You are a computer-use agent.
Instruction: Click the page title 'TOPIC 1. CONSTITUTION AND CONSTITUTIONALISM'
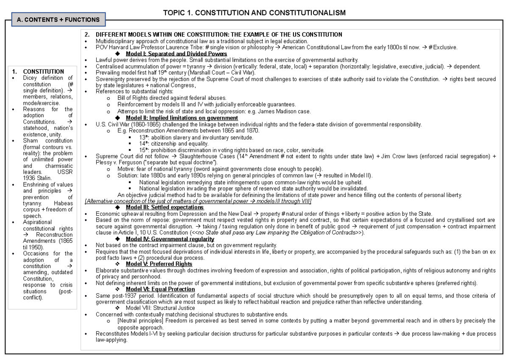click(255, 13)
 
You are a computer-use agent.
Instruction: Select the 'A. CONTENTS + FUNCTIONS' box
click(56, 20)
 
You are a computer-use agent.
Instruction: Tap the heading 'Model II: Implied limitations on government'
click(182, 118)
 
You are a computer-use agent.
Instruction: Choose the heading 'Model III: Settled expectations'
click(165, 207)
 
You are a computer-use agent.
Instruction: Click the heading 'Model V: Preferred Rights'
click(159, 264)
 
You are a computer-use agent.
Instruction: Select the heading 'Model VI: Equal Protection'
click(160, 289)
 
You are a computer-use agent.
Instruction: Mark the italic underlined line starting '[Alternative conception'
click(198, 201)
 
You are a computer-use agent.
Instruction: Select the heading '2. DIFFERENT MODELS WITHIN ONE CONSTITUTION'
click(219, 35)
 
